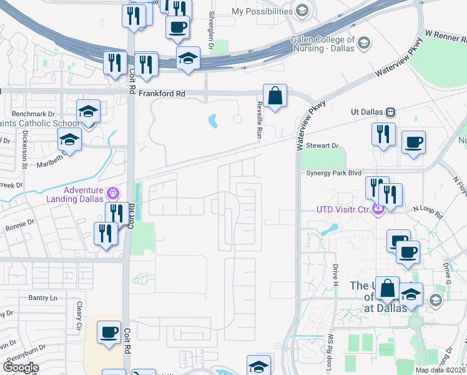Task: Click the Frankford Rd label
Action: tap(162, 93)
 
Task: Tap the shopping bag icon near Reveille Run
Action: tap(275, 97)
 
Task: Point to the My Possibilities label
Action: tap(262, 11)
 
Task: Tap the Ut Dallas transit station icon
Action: tap(390, 111)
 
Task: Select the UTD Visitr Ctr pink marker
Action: tap(377, 209)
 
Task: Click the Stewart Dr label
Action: tap(322, 146)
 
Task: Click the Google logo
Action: tap(21, 367)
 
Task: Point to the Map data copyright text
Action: tap(441, 370)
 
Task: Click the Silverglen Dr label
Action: tap(212, 30)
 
